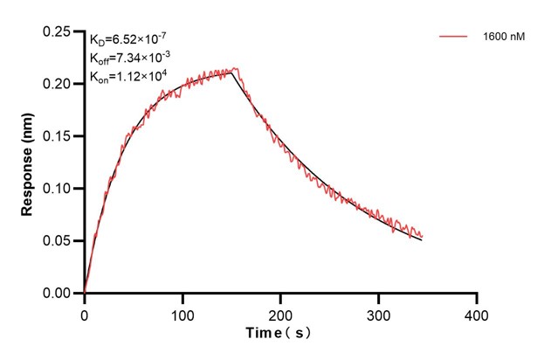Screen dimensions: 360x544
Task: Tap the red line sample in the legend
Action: [x=454, y=37]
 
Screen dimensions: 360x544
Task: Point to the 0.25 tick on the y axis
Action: [x=60, y=31]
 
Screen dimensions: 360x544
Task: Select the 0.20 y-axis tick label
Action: [x=60, y=84]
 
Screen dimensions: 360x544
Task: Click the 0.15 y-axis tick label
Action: [x=60, y=136]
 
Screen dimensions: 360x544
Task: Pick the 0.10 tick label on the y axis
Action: [x=60, y=189]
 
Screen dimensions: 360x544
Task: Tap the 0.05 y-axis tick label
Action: [x=60, y=241]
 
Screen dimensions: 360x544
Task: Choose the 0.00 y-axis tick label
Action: [x=60, y=294]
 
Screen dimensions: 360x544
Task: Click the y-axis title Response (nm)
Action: [x=27, y=162]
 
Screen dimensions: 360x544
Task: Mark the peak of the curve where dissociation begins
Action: [x=234, y=70]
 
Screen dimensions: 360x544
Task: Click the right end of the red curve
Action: [x=422, y=236]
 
